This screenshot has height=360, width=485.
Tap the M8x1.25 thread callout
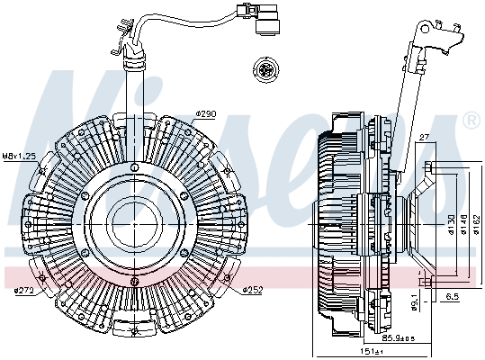point(18,156)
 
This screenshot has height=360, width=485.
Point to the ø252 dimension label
point(254,289)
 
